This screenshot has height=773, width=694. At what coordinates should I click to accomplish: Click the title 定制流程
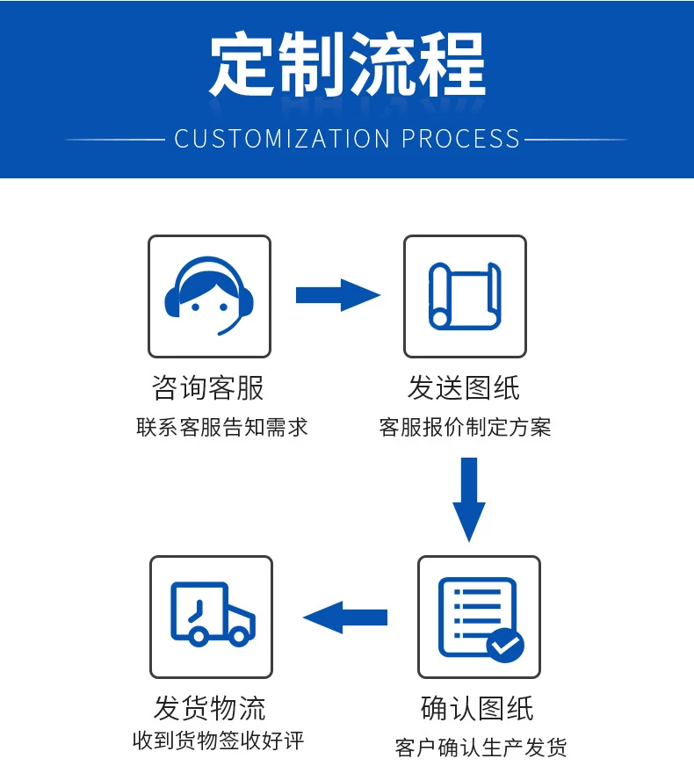click(347, 65)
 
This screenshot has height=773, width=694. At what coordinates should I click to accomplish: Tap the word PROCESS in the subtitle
click(461, 139)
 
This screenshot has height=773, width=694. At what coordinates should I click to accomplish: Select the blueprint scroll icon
click(465, 296)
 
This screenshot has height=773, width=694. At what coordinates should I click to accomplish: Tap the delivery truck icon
click(212, 615)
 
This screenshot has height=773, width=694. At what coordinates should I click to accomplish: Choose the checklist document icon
click(479, 617)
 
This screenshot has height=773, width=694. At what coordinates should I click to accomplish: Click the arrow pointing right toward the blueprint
click(337, 295)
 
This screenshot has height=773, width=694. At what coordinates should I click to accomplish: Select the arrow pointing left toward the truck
click(345, 617)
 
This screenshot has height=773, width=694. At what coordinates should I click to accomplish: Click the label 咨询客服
click(208, 387)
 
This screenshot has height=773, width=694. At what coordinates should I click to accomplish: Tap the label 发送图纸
click(464, 387)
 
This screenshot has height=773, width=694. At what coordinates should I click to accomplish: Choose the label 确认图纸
click(477, 708)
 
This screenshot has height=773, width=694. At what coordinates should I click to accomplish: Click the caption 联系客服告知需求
click(222, 428)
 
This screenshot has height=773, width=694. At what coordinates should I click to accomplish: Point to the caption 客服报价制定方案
click(465, 428)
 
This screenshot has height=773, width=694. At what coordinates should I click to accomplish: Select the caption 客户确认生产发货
click(481, 748)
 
